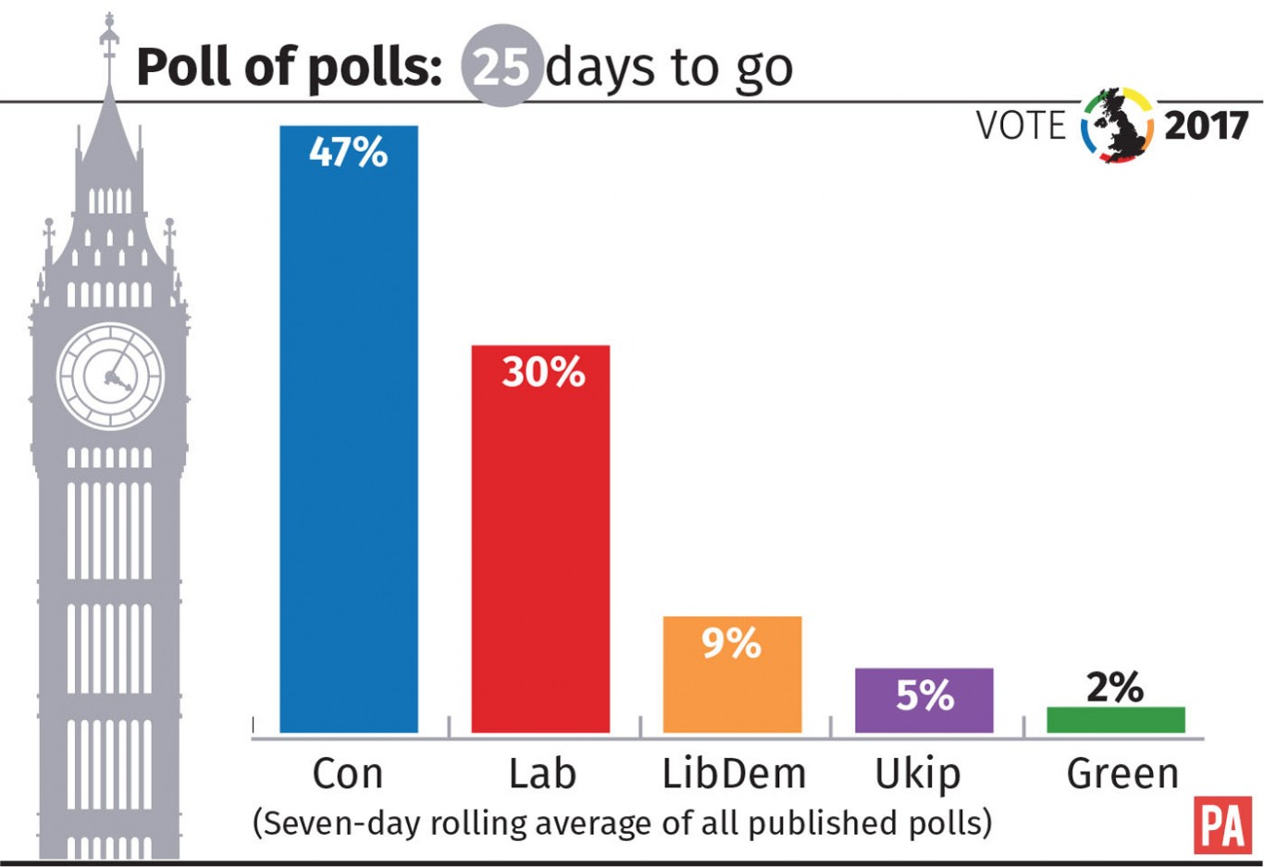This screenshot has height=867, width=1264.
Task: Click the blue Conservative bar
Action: pyautogui.click(x=349, y=444)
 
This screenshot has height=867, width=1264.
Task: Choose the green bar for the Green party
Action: pyautogui.click(x=1115, y=720)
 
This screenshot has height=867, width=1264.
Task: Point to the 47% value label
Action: pyautogui.click(x=349, y=152)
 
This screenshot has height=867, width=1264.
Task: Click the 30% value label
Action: pyautogui.click(x=543, y=372)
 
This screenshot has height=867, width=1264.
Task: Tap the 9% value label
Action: pyautogui.click(x=731, y=642)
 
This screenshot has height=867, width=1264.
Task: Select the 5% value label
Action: pyautogui.click(x=924, y=695)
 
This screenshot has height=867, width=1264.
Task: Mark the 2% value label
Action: pyautogui.click(x=1114, y=687)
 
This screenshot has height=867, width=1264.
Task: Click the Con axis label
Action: pyautogui.click(x=348, y=774)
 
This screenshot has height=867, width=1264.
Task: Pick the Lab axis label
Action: pyautogui.click(x=542, y=774)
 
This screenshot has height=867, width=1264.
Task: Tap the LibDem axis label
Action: pyautogui.click(x=734, y=774)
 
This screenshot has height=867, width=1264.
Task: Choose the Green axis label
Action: pyautogui.click(x=1122, y=774)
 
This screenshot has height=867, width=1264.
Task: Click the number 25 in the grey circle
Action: pyautogui.click(x=502, y=67)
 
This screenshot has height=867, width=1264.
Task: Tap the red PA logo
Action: pyautogui.click(x=1222, y=825)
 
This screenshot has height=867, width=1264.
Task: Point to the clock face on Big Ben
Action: pyautogui.click(x=111, y=376)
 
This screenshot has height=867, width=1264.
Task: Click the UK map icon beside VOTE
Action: pyautogui.click(x=1118, y=126)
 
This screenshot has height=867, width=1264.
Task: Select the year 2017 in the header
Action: pyautogui.click(x=1206, y=126)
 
